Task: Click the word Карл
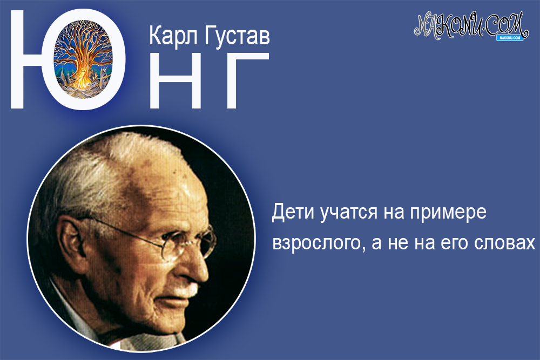[171, 37]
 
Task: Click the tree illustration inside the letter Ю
[89, 54]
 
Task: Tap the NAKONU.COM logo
[469, 25]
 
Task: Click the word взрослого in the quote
[313, 243]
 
